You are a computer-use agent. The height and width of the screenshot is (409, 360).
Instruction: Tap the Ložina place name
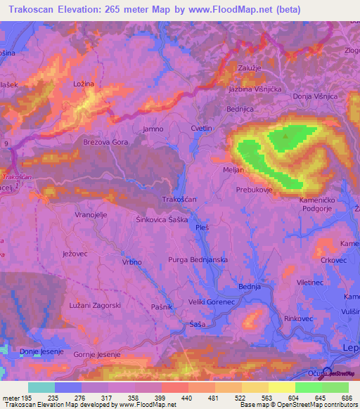(84, 84)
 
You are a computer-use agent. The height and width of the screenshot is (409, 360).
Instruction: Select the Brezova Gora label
(105, 141)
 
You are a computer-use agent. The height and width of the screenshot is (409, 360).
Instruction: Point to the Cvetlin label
(201, 129)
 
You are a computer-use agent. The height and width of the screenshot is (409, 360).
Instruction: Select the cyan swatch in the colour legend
(41, 387)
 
